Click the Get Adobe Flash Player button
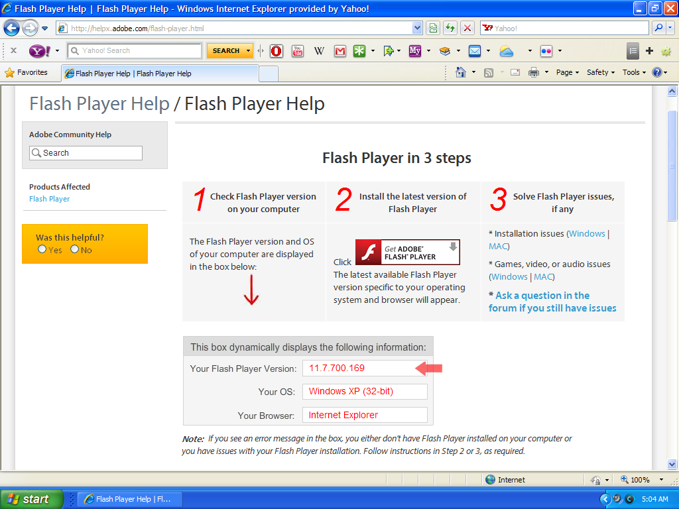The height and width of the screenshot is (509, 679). [407, 253]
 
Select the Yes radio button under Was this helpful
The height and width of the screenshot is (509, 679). [42, 249]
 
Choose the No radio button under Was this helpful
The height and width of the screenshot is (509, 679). [75, 249]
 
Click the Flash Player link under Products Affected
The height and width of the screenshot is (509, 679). [49, 199]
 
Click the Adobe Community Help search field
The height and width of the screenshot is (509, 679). [86, 153]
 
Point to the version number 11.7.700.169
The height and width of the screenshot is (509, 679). [337, 368]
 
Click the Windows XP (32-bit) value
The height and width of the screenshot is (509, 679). [351, 392]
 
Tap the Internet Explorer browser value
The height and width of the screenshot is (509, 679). [343, 415]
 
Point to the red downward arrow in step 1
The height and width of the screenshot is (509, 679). [251, 291]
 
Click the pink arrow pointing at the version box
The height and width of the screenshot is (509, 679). [428, 368]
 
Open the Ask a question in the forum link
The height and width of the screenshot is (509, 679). [552, 302]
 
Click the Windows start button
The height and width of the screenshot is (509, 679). [31, 499]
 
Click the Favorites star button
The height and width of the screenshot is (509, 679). [27, 72]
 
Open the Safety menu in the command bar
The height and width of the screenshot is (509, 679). [600, 72]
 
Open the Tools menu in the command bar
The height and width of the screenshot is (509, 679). [634, 72]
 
